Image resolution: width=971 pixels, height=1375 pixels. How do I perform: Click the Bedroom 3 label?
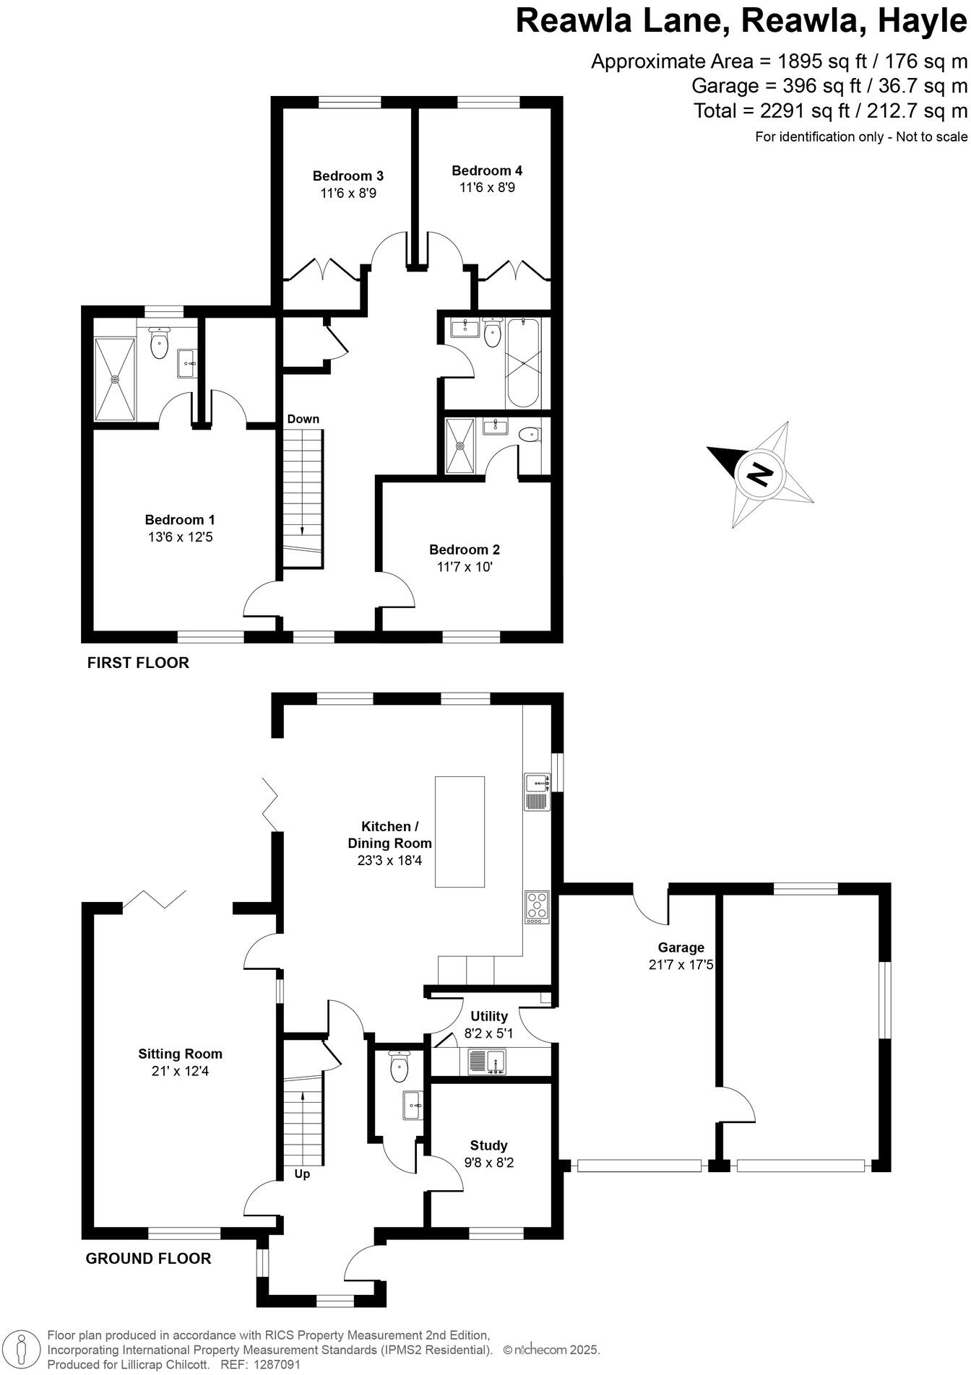tap(348, 175)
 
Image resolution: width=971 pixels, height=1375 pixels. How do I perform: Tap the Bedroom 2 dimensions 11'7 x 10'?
tap(465, 567)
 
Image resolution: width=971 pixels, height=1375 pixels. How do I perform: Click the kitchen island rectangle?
tap(459, 831)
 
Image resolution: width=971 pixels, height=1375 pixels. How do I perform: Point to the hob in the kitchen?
tap(537, 907)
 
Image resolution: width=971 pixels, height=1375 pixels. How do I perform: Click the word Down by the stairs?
tap(303, 419)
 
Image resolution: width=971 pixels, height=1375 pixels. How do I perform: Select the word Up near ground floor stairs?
tap(302, 1174)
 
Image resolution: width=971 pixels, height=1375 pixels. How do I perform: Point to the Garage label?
tap(681, 947)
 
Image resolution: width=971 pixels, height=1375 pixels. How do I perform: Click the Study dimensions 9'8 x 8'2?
tap(489, 1163)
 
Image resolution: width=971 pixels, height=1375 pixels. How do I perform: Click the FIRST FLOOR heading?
tap(138, 662)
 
